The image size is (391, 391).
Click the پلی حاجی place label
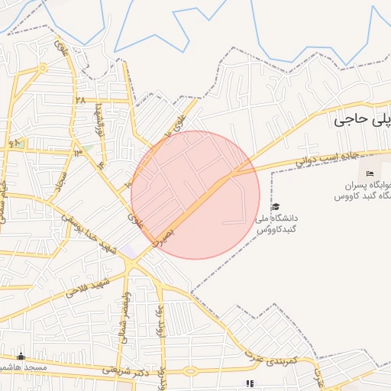[x=363, y=119]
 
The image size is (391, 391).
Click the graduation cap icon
[x=275, y=207]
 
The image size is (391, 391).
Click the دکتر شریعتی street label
[x=145, y=369]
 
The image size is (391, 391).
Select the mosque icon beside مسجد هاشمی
[x=21, y=357]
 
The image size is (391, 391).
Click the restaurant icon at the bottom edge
[x=248, y=384]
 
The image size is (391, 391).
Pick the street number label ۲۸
[x=79, y=100]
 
